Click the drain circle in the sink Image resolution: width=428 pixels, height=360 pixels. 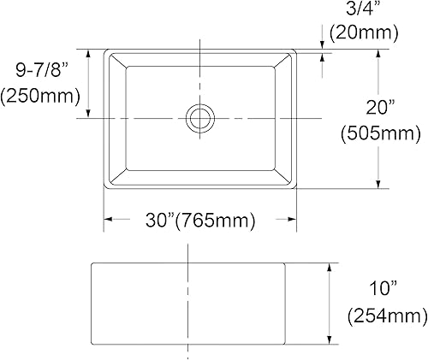200,117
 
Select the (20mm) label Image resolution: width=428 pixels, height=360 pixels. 363,33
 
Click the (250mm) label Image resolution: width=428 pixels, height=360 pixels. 41,97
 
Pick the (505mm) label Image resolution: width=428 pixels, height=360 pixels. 380,133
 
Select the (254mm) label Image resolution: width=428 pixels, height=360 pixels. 385,316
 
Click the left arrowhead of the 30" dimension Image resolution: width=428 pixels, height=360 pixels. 108,221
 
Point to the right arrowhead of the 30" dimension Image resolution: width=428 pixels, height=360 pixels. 293,221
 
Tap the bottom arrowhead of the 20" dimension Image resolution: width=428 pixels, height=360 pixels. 377,182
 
